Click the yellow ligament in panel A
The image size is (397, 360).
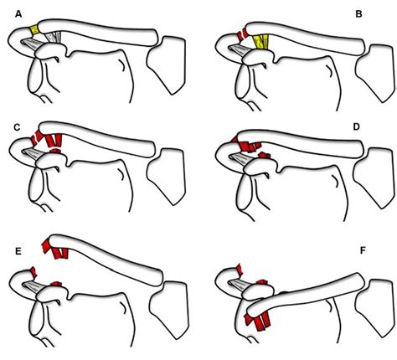(x=35, y=31)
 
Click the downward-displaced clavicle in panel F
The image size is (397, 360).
(x=310, y=292)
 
